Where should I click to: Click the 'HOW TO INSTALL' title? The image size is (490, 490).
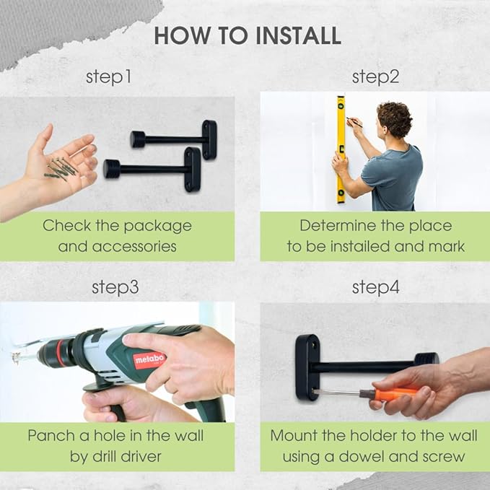(x=248, y=35)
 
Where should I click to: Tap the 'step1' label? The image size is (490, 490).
(x=108, y=77)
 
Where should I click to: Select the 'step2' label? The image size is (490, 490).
(x=375, y=77)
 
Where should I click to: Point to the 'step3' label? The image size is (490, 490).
(x=115, y=287)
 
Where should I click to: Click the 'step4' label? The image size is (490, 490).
(x=375, y=287)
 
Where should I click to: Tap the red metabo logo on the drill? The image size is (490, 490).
(x=149, y=360)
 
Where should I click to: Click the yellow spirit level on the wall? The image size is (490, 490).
(x=341, y=149)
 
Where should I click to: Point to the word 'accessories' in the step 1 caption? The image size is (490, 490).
(x=134, y=246)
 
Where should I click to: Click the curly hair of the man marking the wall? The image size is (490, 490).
(x=395, y=118)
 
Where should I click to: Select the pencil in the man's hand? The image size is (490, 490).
(x=354, y=122)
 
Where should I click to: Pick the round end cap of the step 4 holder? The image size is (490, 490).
(x=426, y=359)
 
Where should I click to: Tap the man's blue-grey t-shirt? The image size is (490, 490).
(x=393, y=178)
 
